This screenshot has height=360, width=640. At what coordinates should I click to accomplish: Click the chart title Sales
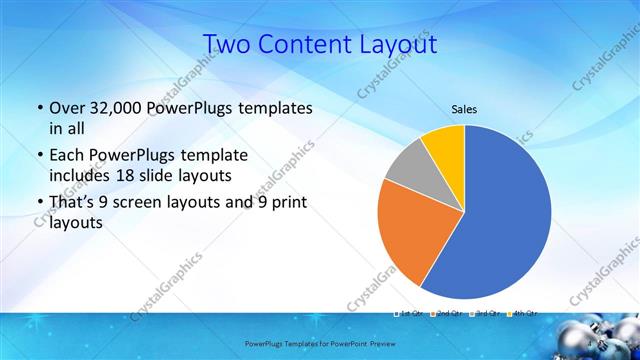click(464, 109)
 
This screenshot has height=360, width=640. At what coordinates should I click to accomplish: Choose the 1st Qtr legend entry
click(411, 314)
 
